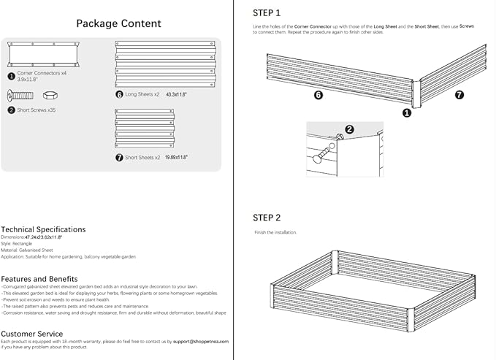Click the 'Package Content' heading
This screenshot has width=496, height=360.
pyautogui.click(x=118, y=23)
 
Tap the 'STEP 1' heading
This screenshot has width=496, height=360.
pyautogui.click(x=267, y=12)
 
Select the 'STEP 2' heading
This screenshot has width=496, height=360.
pyautogui.click(x=267, y=218)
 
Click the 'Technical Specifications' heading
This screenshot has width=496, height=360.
pyautogui.click(x=43, y=229)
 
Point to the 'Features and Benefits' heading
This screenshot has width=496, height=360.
pyautogui.click(x=39, y=279)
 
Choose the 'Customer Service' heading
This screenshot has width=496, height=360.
pyautogui.click(x=31, y=333)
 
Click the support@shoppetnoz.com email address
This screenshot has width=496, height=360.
pyautogui.click(x=202, y=341)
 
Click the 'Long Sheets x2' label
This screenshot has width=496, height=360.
pyautogui.click(x=142, y=95)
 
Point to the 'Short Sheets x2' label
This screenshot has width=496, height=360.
pyautogui.click(x=142, y=157)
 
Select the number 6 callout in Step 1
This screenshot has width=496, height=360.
pyautogui.click(x=318, y=95)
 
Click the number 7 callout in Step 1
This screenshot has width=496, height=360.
pyautogui.click(x=459, y=95)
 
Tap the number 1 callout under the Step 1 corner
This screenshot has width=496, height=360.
pyautogui.click(x=407, y=112)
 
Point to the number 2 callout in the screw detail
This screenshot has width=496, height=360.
pyautogui.click(x=348, y=130)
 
